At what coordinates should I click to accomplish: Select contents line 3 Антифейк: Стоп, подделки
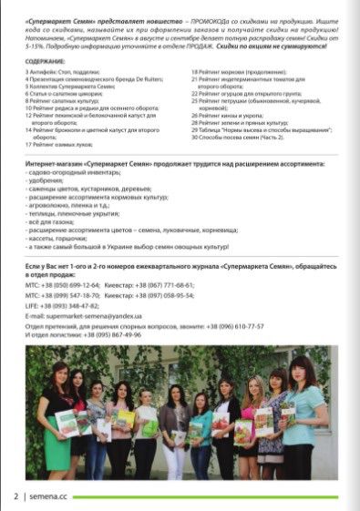point(65,70)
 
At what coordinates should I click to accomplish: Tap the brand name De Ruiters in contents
point(136,78)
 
